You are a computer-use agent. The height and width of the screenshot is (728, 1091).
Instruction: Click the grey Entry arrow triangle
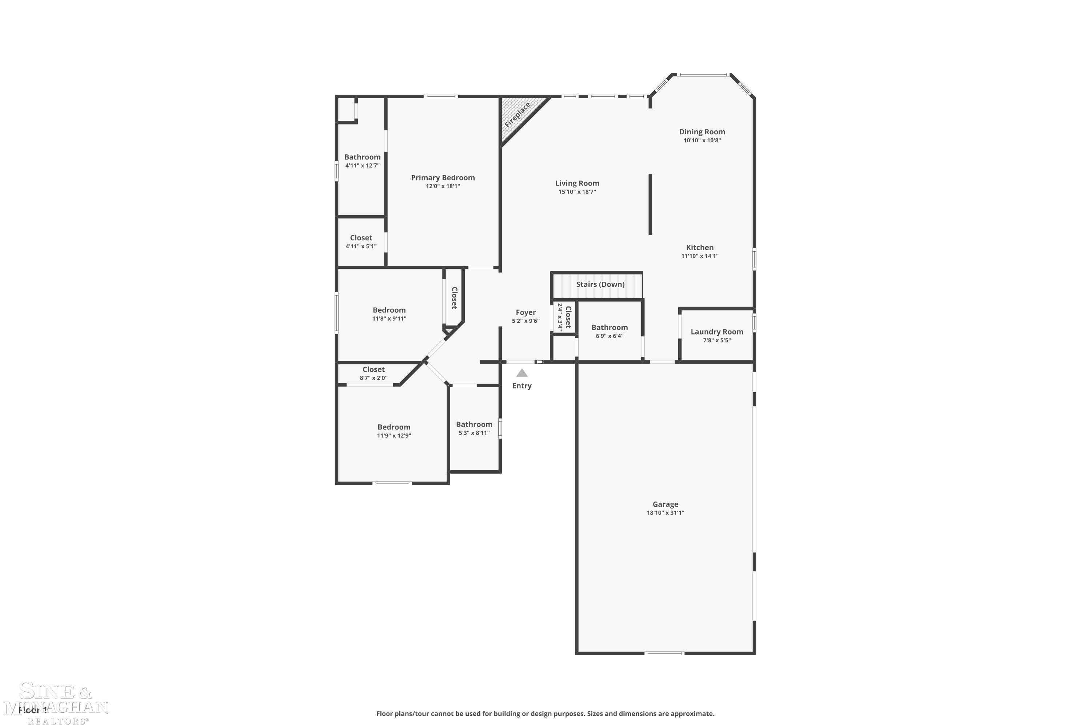click(x=522, y=373)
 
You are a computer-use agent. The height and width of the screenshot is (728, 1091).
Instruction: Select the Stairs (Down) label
click(x=600, y=284)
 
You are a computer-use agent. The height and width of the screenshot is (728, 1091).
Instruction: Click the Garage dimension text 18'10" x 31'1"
click(x=665, y=513)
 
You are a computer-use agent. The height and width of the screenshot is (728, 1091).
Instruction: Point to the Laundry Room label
click(x=717, y=332)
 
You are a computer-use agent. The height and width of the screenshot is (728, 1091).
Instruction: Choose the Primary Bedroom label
click(x=443, y=177)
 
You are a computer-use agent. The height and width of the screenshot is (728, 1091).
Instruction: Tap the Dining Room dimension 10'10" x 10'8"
click(x=702, y=140)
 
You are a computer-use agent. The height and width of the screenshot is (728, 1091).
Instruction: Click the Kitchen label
click(x=699, y=248)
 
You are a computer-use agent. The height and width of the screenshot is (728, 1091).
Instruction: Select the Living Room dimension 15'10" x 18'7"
click(x=577, y=192)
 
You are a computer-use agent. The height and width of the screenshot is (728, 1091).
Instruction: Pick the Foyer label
click(x=525, y=312)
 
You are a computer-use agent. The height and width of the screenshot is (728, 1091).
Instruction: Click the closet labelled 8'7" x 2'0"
click(x=373, y=373)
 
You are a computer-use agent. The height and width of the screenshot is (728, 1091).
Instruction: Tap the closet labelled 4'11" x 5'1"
click(x=361, y=241)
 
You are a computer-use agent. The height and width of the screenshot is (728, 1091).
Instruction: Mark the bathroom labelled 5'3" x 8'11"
click(x=474, y=428)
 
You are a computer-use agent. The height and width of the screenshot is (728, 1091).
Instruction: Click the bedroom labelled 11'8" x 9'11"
click(x=389, y=314)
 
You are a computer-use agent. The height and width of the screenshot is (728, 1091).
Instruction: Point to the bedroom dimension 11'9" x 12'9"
click(x=394, y=435)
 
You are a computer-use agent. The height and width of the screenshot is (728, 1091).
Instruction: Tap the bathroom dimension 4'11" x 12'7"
click(x=362, y=165)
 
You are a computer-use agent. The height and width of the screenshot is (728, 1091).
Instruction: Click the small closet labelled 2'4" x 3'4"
click(x=564, y=317)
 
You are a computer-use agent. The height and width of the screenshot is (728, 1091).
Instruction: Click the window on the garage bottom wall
click(x=664, y=653)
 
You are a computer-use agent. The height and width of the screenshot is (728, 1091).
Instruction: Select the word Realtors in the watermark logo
click(x=57, y=721)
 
